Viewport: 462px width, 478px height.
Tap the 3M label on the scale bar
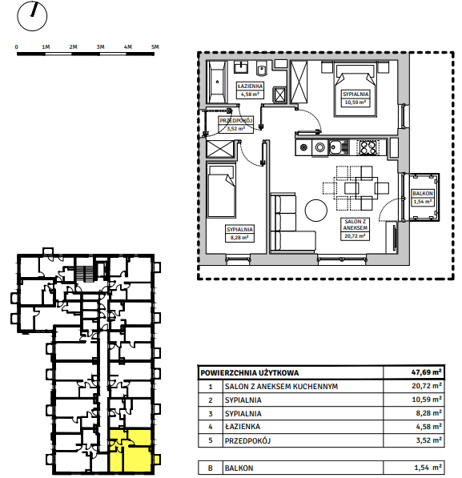pos(100,47)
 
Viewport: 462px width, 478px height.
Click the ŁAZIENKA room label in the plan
pos(250,86)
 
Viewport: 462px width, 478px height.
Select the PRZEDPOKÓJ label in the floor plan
pos(236,121)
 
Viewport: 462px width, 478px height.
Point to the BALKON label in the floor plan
pos(422,194)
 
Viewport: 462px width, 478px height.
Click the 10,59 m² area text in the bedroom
pos(356,102)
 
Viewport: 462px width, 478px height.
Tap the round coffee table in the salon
pos(316,210)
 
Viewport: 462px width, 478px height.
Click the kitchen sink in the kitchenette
pos(339,147)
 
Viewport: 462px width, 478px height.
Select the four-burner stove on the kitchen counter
pos(368,147)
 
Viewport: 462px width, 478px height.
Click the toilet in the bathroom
pos(262,69)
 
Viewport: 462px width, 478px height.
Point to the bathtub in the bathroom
pos(217,82)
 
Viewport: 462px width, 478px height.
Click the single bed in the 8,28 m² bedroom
pos(222,191)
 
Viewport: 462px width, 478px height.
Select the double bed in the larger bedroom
pos(356,90)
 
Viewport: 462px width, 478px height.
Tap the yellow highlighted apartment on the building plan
pos(131,451)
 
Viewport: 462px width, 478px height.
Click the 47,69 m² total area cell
pos(426,372)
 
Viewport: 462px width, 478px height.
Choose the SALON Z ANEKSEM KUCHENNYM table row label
pos(281,387)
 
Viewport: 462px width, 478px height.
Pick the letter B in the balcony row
pos(210,468)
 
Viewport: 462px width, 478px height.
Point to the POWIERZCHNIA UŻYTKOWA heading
pos(250,373)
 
